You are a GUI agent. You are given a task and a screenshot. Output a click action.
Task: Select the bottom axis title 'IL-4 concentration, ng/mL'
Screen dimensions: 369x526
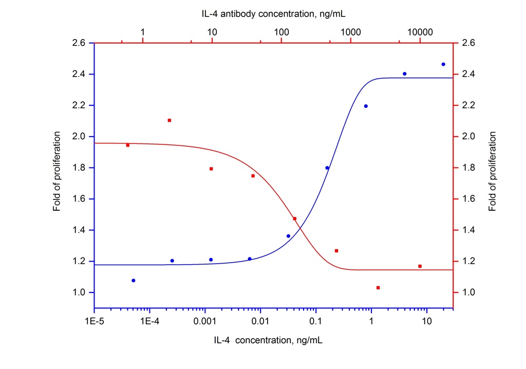coord(269,340)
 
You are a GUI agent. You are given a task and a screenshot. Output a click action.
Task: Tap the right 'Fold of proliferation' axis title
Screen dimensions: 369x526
coord(493,172)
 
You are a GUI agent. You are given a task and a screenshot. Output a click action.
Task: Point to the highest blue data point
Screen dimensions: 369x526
coord(443,64)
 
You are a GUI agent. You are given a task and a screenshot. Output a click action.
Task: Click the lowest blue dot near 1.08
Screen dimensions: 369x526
coord(134,281)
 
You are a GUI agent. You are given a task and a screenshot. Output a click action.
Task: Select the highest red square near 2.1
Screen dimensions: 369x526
coord(170,120)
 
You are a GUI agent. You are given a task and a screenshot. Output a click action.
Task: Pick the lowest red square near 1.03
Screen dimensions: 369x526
coord(378,288)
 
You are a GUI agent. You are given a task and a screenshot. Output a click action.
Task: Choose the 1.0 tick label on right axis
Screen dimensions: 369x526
coord(468,293)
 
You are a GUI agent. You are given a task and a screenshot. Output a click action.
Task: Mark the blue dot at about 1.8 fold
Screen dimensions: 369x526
coord(327,168)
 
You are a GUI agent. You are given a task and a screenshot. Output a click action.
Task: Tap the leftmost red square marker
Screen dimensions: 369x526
coord(128,145)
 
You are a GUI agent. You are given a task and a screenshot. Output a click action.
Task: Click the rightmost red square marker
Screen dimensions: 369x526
coord(420,266)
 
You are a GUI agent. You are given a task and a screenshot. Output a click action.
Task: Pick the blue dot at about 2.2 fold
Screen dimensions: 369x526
coord(366,106)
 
